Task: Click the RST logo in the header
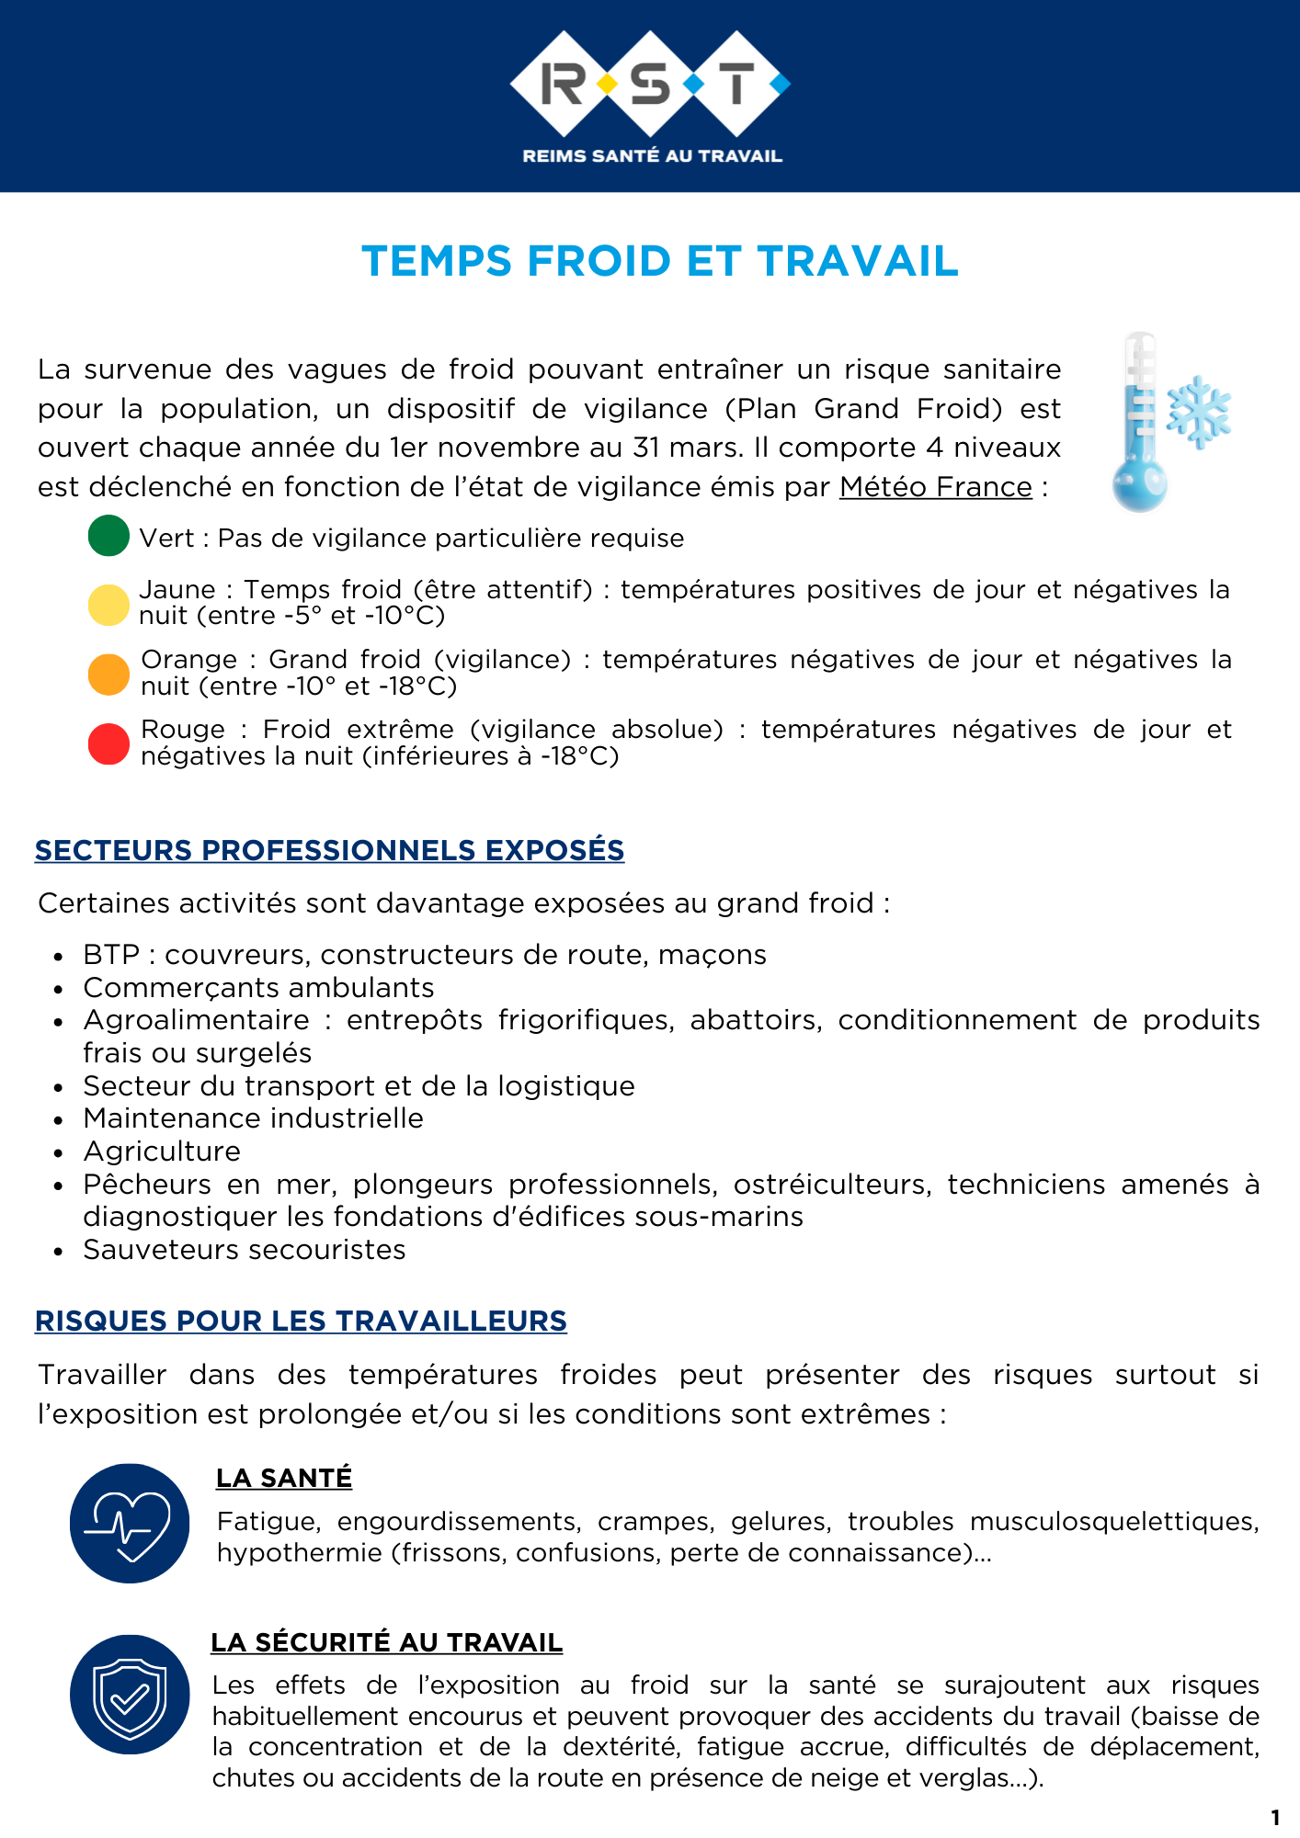[650, 84]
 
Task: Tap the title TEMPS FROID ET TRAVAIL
[660, 261]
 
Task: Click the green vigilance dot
[108, 536]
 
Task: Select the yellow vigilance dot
[108, 605]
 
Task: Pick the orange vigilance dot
[108, 675]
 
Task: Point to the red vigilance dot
[108, 743]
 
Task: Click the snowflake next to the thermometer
[1199, 411]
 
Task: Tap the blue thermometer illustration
[1140, 423]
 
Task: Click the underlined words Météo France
[935, 486]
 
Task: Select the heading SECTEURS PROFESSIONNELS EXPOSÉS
[329, 850]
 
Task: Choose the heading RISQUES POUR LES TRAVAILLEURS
[301, 1321]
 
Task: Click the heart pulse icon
[130, 1523]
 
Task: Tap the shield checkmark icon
[130, 1694]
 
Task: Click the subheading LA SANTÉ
[284, 1478]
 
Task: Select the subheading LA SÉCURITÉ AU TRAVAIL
[386, 1642]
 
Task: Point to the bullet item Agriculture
[162, 1152]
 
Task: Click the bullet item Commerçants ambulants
[258, 988]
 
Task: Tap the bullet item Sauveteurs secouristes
[245, 1250]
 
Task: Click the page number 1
[1275, 1817]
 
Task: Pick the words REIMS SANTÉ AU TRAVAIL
[652, 156]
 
